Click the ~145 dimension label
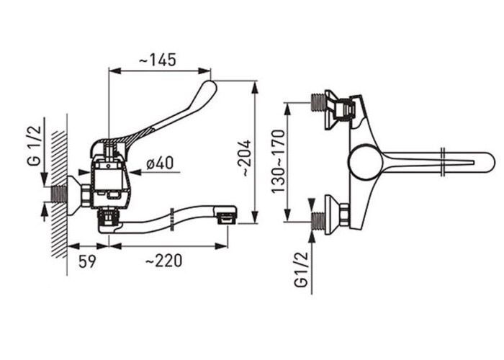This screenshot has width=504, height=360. [x=158, y=60]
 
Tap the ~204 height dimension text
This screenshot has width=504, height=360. [x=246, y=158]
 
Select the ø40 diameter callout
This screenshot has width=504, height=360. [x=160, y=163]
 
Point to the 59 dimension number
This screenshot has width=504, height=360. [x=87, y=261]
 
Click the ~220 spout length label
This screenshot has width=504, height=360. [x=163, y=261]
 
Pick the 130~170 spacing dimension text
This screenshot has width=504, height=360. [x=278, y=161]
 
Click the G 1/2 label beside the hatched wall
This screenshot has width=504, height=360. [x=35, y=145]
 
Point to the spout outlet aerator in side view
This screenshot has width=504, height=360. [x=227, y=219]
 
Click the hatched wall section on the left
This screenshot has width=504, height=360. [x=60, y=194]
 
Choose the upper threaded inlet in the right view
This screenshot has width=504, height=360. [x=319, y=102]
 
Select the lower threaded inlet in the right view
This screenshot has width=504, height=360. [x=318, y=221]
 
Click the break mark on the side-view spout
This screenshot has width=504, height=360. [x=173, y=220]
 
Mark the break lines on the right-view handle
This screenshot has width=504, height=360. [x=444, y=162]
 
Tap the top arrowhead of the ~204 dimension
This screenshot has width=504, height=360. [x=255, y=87]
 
